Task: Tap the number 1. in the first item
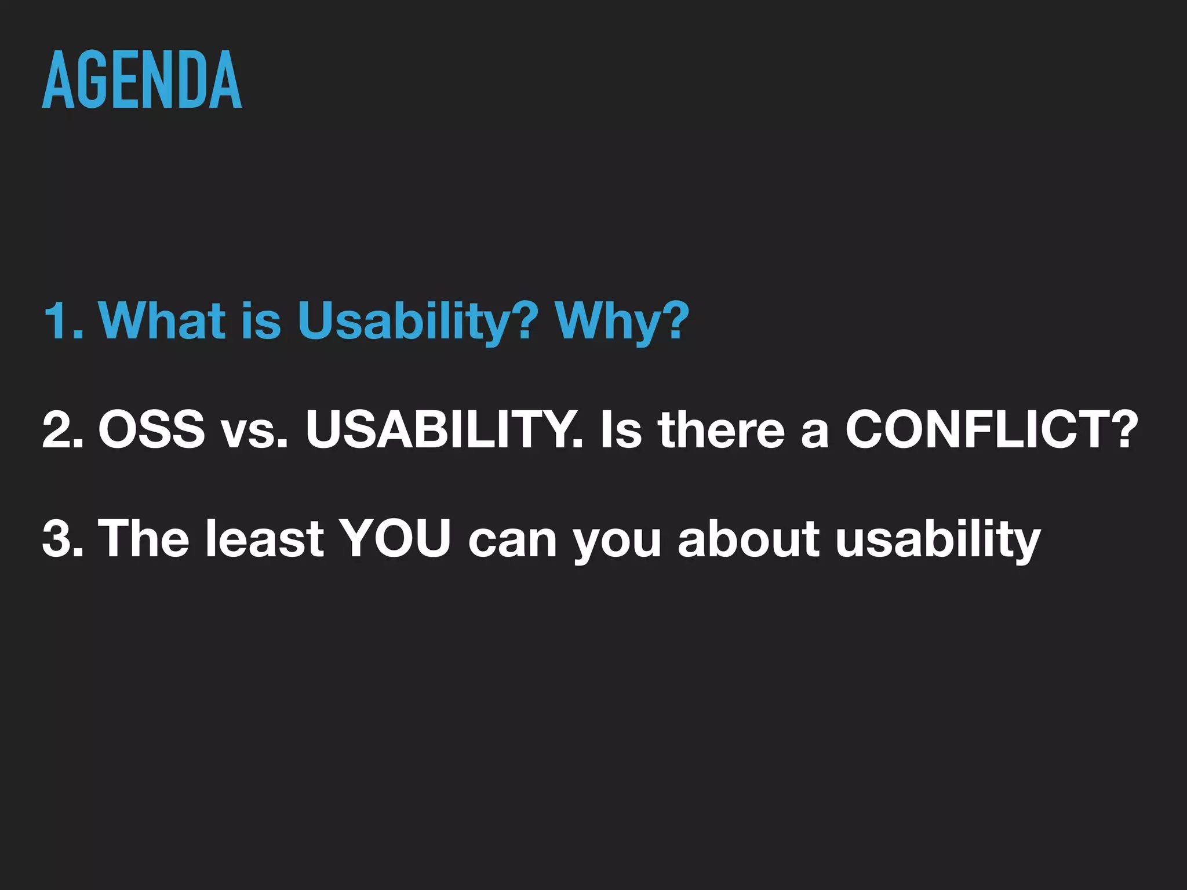pos(63,320)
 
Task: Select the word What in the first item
pos(162,320)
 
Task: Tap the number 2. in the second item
pos(63,429)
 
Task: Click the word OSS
pos(151,429)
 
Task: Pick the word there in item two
pos(722,429)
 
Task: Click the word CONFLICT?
pos(992,429)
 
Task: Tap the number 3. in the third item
pos(63,538)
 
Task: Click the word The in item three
pos(144,538)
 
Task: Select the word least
pos(264,538)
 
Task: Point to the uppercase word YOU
pos(395,538)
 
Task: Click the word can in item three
pos(512,542)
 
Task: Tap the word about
pos(748,538)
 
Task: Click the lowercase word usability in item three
pos(938,538)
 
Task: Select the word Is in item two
pos(621,429)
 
